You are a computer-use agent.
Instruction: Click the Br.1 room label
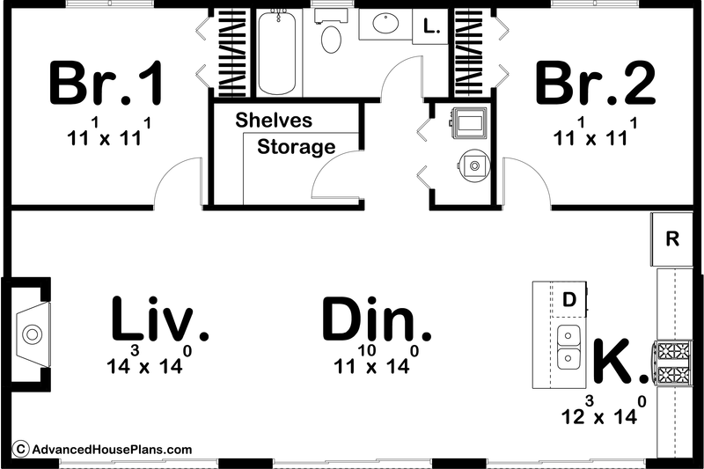106,84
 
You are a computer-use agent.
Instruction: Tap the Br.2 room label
596,84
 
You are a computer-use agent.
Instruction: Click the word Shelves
274,121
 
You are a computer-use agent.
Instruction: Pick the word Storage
296,147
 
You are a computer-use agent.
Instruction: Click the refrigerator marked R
672,238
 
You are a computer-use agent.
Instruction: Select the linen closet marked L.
430,27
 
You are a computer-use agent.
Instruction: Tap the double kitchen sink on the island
568,348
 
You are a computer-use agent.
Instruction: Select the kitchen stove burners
673,363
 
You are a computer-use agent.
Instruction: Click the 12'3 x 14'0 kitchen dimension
608,413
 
